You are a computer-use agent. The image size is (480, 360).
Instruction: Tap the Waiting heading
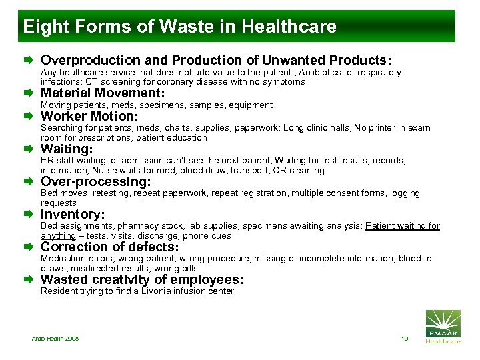click(x=67, y=149)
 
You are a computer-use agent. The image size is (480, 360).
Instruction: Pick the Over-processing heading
click(x=96, y=181)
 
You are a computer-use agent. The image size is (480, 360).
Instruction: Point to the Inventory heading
click(x=73, y=215)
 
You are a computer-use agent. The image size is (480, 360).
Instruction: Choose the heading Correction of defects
click(x=109, y=247)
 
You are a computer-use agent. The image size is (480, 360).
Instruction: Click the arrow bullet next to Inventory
click(x=31, y=215)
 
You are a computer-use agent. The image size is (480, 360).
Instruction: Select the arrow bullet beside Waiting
click(x=31, y=149)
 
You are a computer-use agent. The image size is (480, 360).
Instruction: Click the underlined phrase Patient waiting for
click(x=402, y=226)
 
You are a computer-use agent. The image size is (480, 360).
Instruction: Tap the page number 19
click(x=404, y=339)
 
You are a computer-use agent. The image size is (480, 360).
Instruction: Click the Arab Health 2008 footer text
click(x=55, y=339)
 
